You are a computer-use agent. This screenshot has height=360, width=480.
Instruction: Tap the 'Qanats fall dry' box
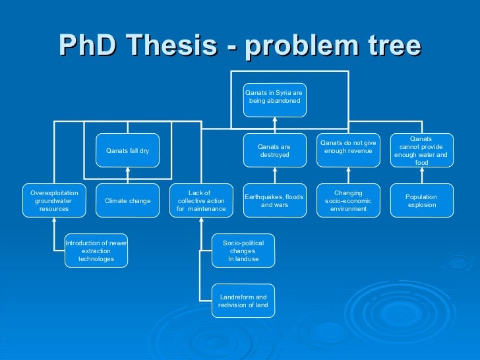tap(127, 151)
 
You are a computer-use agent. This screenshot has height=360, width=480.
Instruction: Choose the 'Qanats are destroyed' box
tap(274, 151)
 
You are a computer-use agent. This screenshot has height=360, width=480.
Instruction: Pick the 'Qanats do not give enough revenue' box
tap(348, 147)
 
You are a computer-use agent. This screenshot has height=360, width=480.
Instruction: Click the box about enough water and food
tap(421, 151)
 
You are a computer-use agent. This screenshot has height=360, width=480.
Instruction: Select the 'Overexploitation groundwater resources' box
tap(54, 200)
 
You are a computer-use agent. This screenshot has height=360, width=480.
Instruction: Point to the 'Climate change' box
tap(127, 200)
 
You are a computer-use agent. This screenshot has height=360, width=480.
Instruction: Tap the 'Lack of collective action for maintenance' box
tap(201, 200)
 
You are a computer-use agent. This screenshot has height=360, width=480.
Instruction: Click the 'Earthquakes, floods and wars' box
tap(274, 200)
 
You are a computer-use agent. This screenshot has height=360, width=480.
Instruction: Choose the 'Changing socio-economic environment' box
tap(348, 200)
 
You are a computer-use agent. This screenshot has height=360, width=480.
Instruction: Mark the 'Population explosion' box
tap(421, 200)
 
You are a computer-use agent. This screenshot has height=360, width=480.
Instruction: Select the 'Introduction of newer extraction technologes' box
tap(96, 251)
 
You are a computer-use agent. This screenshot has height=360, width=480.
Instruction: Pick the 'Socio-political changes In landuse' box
tap(243, 251)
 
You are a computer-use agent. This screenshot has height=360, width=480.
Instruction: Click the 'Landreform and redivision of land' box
tap(243, 301)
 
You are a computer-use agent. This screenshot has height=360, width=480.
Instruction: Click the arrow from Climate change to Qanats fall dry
tap(127, 175)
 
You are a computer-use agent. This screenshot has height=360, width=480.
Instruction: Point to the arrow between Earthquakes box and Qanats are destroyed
tap(274, 175)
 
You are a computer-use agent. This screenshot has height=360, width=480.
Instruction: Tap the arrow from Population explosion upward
tap(421, 175)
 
